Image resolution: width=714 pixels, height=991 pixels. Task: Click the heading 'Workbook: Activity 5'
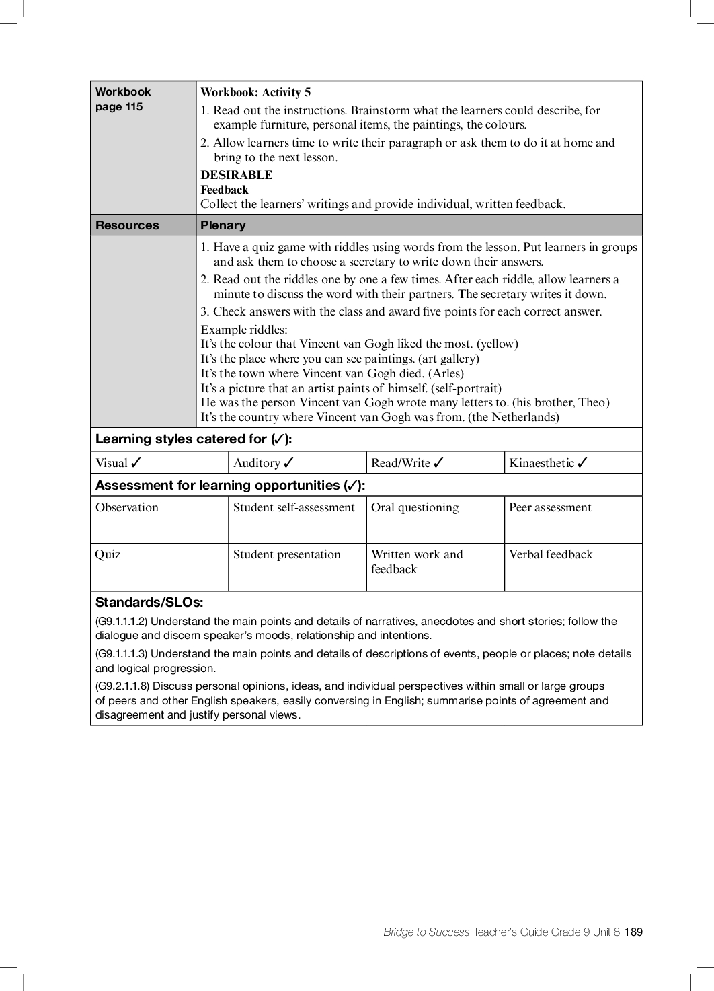click(255, 93)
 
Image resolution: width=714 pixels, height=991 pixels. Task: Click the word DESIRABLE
click(236, 175)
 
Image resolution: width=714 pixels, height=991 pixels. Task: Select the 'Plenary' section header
click(223, 225)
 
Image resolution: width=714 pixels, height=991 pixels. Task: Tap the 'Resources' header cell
click(127, 225)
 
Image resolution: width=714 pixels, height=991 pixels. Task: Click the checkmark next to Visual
click(136, 463)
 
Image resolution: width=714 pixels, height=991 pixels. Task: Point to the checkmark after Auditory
click(288, 463)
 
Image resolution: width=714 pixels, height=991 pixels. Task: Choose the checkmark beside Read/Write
click(438, 463)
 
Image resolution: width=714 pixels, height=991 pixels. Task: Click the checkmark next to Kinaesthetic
click(582, 463)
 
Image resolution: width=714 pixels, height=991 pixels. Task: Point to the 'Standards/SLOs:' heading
click(149, 603)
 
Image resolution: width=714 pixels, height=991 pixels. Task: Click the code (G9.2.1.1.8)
click(122, 686)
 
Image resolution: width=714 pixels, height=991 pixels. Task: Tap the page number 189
click(633, 932)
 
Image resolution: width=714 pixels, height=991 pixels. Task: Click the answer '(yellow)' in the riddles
click(498, 344)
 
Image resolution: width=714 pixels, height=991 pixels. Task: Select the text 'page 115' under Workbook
click(119, 107)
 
